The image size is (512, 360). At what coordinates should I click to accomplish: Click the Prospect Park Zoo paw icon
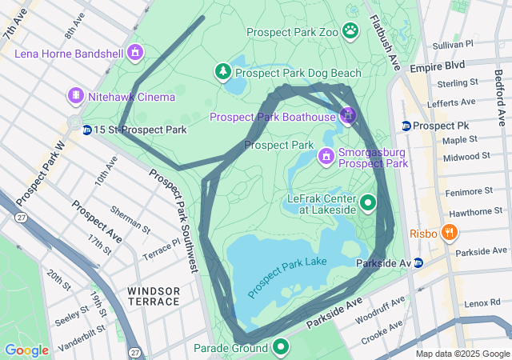point(350,31)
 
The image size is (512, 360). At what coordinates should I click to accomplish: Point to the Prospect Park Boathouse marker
point(347,117)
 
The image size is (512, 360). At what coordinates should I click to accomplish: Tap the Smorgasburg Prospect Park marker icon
point(326,155)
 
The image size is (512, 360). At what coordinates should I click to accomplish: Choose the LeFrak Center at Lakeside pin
point(368,203)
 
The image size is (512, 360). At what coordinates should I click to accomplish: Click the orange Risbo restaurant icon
point(450,234)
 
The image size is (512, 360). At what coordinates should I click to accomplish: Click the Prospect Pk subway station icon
point(406,126)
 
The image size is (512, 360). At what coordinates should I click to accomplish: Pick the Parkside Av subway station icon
point(418,262)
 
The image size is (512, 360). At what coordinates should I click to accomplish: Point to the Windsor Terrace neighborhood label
point(153,295)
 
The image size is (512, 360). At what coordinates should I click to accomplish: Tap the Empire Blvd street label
point(438,68)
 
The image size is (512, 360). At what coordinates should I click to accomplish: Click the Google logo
point(26,350)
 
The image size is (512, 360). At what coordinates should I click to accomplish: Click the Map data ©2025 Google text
point(462,354)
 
